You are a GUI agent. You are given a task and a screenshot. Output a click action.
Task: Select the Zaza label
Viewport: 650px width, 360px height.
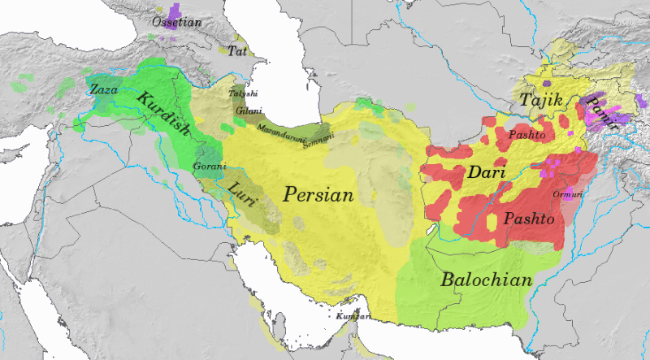(104, 89)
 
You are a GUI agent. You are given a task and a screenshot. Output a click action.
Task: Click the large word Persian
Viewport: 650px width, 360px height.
(318, 195)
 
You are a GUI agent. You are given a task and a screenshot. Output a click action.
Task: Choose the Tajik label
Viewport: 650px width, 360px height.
(536, 100)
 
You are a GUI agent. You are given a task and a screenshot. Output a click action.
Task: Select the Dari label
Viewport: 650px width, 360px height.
(487, 173)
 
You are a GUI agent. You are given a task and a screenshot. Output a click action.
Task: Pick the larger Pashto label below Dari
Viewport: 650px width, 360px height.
(529, 219)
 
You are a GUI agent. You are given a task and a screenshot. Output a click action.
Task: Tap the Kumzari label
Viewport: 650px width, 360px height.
(354, 315)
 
